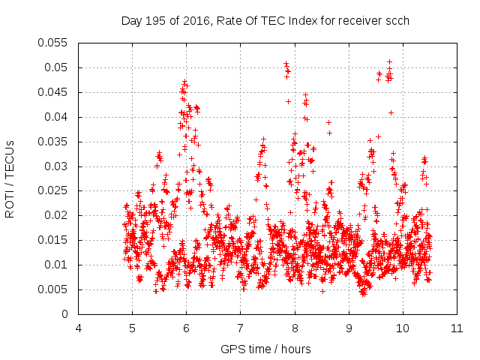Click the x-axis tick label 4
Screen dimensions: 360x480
click(x=79, y=328)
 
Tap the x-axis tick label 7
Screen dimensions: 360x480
click(x=241, y=328)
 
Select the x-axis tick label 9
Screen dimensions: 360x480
click(x=349, y=328)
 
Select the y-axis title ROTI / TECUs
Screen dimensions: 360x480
click(x=10, y=178)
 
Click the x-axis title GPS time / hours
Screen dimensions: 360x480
click(x=267, y=349)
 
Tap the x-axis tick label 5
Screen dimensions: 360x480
click(x=133, y=328)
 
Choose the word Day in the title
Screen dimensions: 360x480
click(x=131, y=21)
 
